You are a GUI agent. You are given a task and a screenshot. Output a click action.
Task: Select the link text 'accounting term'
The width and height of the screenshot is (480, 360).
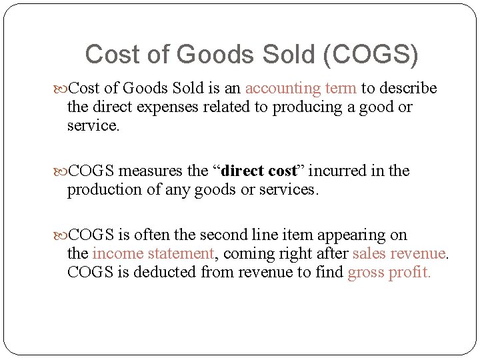[301, 88]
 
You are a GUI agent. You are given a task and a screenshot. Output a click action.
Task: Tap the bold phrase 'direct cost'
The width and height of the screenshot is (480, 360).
[258, 171]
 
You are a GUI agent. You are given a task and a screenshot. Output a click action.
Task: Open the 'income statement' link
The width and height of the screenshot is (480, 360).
[153, 253]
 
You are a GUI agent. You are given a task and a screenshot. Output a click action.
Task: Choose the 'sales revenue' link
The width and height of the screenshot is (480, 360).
[399, 253]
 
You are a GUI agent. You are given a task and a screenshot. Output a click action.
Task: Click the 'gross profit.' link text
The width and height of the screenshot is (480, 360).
[389, 272]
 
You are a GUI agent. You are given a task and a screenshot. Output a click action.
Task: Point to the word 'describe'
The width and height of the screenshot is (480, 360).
[409, 88]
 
